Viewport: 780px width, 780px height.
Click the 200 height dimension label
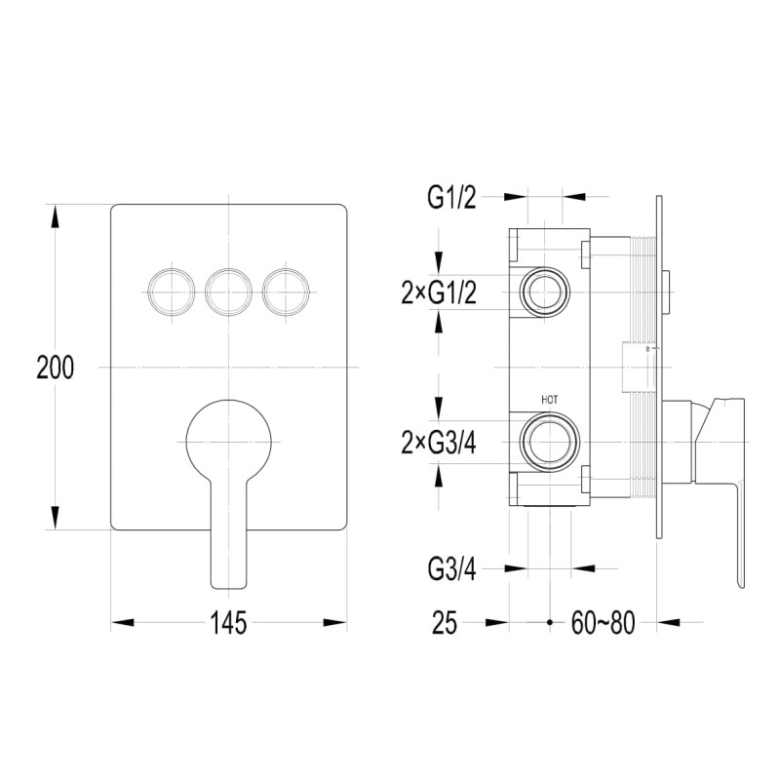coord(57,368)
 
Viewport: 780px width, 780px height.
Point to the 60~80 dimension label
coord(604,622)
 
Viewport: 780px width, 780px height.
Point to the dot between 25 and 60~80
coord(550,621)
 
